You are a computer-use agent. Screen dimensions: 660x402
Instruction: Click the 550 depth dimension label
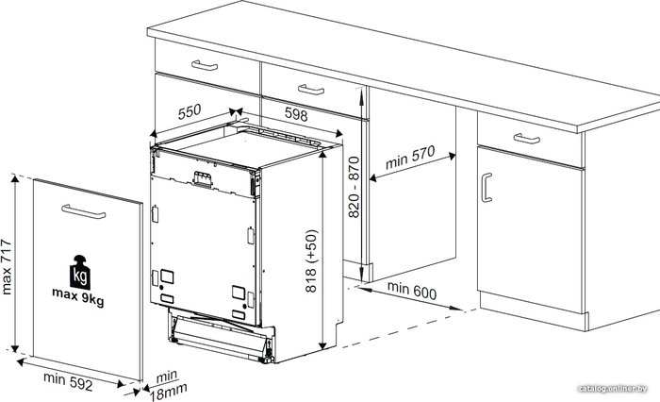tap(190, 111)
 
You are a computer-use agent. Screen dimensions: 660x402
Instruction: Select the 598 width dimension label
tap(296, 114)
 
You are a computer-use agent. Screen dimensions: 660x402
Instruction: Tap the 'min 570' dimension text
tap(410, 158)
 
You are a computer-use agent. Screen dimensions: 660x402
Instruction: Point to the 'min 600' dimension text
tap(412, 291)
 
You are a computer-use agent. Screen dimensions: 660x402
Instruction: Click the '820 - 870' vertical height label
tap(355, 187)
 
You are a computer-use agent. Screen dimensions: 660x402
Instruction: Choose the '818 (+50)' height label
tap(311, 260)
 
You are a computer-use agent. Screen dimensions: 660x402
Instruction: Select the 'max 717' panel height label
tap(7, 267)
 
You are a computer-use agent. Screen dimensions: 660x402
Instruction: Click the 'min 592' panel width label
tap(68, 381)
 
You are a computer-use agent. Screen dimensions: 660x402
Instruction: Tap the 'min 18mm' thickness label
tap(168, 386)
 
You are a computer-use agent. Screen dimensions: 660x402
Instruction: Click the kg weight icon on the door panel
tap(80, 272)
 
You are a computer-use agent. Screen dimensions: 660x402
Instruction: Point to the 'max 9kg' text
tap(78, 296)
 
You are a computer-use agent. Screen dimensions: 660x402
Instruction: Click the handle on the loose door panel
tap(83, 211)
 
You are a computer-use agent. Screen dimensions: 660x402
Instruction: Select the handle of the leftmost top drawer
tap(205, 65)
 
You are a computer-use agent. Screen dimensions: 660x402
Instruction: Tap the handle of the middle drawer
tap(311, 90)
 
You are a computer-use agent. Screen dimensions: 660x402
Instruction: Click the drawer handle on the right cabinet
tap(526, 139)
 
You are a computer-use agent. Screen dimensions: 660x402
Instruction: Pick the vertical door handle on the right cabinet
tap(487, 188)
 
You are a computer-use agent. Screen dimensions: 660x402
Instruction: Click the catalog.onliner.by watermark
tap(613, 389)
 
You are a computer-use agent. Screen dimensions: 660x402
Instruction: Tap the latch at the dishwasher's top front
tap(202, 178)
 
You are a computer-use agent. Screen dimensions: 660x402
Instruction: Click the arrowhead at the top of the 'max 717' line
tap(15, 179)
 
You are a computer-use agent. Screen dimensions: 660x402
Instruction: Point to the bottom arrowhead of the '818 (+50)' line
tap(322, 345)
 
